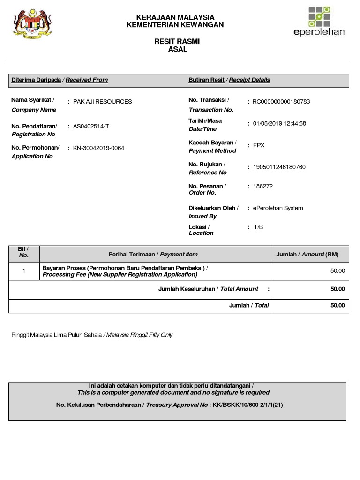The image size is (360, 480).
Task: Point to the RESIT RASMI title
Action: (x=177, y=42)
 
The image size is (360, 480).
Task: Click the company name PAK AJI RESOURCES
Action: (x=102, y=102)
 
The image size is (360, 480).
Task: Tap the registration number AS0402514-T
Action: (x=91, y=126)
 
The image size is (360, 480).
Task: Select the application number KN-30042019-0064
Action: (x=98, y=148)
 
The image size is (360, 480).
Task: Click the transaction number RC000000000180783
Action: (x=281, y=102)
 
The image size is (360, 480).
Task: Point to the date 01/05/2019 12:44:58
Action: (x=279, y=124)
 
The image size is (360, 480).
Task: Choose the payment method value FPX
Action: (x=259, y=145)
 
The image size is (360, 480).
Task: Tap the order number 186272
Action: (x=262, y=186)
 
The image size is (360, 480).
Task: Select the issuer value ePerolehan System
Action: (x=278, y=208)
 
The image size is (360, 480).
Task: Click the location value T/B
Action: (x=258, y=227)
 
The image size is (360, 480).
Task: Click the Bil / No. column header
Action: (x=24, y=253)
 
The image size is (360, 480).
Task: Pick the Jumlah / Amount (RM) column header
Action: (x=307, y=255)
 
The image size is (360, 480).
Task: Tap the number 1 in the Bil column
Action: (x=23, y=271)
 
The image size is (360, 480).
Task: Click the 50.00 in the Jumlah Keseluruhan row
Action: (x=337, y=289)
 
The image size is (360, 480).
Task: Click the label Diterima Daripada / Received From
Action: (x=60, y=80)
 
